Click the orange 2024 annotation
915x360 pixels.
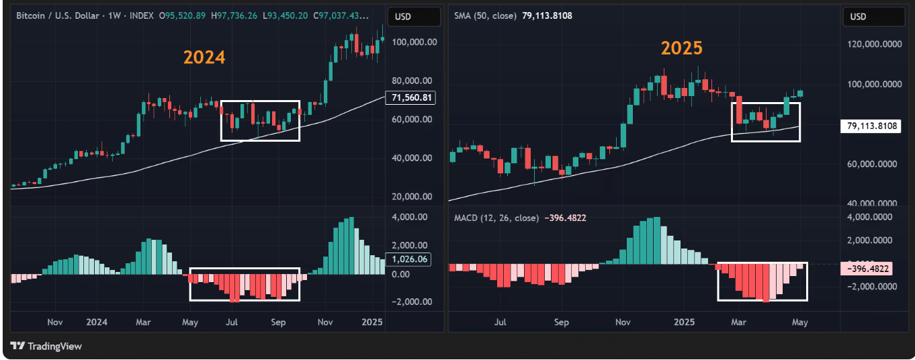[204, 58]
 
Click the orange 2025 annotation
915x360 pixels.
[681, 48]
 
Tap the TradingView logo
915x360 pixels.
[47, 346]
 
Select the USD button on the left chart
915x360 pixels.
[404, 17]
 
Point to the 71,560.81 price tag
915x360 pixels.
[409, 98]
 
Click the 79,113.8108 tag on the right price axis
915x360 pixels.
[870, 126]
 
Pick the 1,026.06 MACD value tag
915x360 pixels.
[409, 259]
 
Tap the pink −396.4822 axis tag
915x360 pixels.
[870, 269]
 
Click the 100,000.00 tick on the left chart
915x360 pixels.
[415, 42]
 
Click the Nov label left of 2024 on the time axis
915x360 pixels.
[55, 322]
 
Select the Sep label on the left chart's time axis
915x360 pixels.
[279, 322]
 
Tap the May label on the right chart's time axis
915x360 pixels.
[799, 322]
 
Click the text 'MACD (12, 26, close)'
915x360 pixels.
[496, 218]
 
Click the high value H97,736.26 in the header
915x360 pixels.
[234, 15]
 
